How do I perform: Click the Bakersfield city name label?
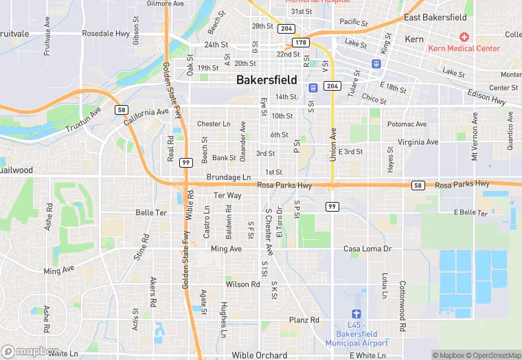(266, 80)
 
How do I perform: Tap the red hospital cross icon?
(464, 36)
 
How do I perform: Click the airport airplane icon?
(356, 314)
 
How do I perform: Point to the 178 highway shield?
(301, 43)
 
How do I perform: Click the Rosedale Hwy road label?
(105, 33)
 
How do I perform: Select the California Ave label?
(146, 115)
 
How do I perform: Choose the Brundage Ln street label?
(229, 177)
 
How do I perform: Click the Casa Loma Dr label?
(367, 249)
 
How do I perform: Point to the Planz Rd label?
(304, 320)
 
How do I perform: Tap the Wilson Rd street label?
(242, 284)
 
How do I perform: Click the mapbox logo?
(30, 350)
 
